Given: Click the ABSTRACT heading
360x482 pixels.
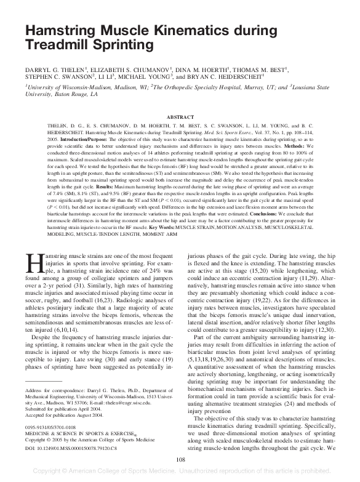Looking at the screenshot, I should [180, 116].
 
